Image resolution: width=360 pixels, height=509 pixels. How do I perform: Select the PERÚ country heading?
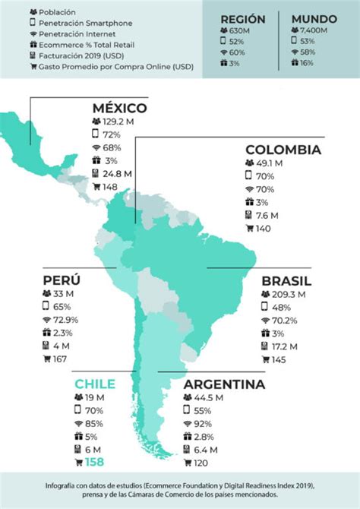tap(62, 280)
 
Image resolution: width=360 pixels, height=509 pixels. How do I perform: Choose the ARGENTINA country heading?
tap(224, 384)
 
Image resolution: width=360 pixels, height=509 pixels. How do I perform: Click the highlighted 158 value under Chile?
tap(94, 462)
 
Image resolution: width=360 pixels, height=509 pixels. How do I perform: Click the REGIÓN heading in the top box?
tap(242, 19)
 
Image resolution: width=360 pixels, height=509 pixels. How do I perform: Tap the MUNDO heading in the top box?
tap(313, 19)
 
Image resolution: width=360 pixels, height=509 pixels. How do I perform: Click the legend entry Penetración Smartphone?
tap(84, 24)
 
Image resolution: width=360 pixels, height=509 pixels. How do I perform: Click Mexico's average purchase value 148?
tap(111, 187)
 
